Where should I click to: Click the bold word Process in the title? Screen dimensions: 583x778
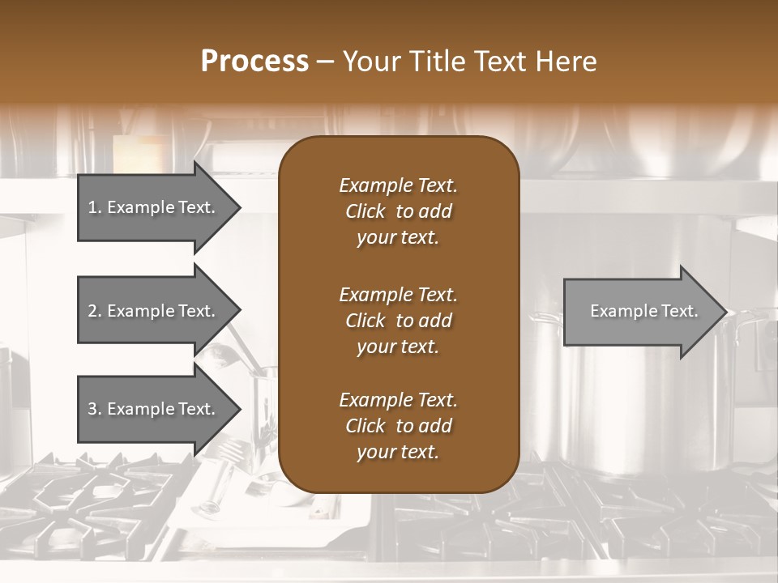(254, 61)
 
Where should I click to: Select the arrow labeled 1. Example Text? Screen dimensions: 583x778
(154, 208)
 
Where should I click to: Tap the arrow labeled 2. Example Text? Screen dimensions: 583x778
(154, 311)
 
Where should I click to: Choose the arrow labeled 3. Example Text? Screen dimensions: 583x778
(154, 409)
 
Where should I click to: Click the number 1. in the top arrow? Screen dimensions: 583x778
(95, 208)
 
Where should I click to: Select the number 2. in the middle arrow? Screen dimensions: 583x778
(95, 311)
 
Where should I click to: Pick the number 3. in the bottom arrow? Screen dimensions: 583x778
(95, 409)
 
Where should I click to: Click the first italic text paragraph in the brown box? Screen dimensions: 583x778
(399, 211)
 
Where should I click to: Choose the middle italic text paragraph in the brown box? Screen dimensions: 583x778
(399, 320)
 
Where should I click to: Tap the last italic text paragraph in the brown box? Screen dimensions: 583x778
(399, 426)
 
